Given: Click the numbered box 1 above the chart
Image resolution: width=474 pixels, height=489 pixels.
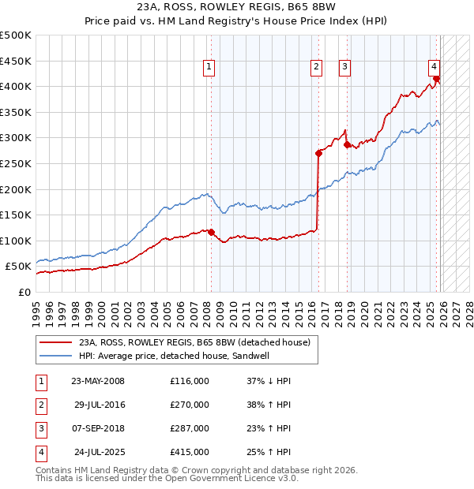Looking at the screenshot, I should click(x=209, y=68).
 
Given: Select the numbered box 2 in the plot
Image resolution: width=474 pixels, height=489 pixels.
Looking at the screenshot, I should click(x=316, y=68).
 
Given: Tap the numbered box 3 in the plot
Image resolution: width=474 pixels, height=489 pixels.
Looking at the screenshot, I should click(x=345, y=68).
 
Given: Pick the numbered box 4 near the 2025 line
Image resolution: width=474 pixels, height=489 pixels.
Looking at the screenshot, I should click(x=434, y=68).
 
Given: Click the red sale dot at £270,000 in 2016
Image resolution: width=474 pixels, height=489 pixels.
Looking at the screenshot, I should click(x=318, y=154).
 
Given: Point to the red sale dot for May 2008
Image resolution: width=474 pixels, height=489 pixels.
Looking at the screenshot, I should click(x=211, y=232).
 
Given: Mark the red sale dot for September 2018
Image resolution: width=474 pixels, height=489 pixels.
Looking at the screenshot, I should click(x=348, y=144).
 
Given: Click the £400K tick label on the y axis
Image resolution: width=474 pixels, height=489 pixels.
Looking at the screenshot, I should click(x=16, y=87).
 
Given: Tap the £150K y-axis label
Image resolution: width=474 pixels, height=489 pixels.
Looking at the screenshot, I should click(x=16, y=215).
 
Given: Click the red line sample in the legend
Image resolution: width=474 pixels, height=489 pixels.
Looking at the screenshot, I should click(x=55, y=342).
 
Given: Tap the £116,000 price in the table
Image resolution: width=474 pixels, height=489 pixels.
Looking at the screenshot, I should click(x=190, y=381).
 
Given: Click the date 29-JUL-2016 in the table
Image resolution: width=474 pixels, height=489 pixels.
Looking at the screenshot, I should click(x=100, y=405).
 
